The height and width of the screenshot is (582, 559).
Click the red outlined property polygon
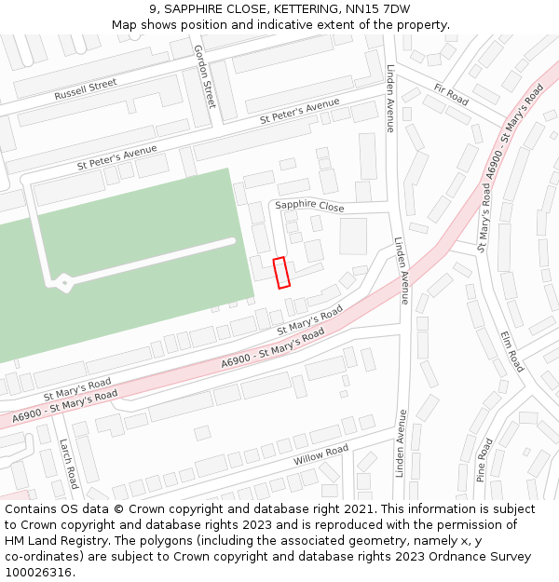(x=281, y=272)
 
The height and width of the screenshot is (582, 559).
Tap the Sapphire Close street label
(x=308, y=206)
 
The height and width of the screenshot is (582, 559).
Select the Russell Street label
(x=85, y=89)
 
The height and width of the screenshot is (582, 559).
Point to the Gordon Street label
(x=204, y=75)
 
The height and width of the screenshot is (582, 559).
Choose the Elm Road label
(x=512, y=351)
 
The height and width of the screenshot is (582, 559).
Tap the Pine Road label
(x=484, y=459)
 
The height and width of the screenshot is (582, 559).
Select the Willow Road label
(x=320, y=455)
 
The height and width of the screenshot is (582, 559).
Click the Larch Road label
(x=68, y=464)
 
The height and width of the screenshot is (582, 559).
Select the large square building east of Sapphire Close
(x=353, y=236)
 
